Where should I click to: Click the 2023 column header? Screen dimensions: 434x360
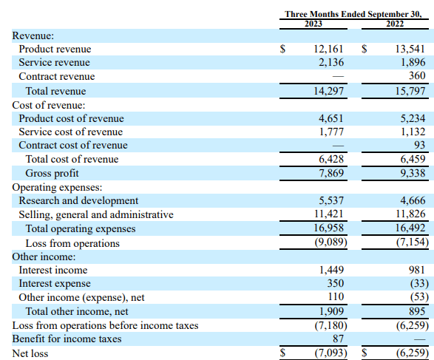tap(313, 24)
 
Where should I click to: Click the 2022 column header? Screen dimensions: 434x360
tap(395, 24)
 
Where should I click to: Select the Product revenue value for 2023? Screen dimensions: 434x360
tap(328, 49)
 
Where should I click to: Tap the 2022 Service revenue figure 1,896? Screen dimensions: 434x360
tap(413, 62)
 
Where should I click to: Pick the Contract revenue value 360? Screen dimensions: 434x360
tap(417, 75)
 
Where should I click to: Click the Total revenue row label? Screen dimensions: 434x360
tap(55, 91)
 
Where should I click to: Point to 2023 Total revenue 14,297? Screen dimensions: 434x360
tap(328, 91)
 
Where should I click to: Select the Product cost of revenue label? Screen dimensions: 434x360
tap(71, 118)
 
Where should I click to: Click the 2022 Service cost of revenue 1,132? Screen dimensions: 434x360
tap(413, 132)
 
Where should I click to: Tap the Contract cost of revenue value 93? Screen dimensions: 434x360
tap(420, 145)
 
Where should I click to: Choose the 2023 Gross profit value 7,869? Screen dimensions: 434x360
tap(331, 173)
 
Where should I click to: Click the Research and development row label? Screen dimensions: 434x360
tap(78, 200)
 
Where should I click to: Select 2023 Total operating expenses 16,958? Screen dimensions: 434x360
tap(328, 228)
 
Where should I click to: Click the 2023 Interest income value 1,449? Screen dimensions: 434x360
tap(331, 270)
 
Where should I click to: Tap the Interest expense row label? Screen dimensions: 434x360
tap(55, 284)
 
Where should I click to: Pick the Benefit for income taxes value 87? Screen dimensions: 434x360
tap(338, 339)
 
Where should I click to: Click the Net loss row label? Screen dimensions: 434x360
tap(30, 353)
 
